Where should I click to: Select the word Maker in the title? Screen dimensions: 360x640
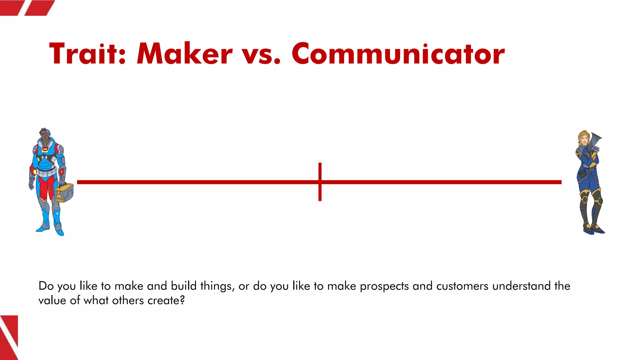point(185,54)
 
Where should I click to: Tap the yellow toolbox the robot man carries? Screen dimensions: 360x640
point(64,192)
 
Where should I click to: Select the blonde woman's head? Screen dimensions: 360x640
point(583,139)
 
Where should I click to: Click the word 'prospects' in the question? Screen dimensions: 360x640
point(384,286)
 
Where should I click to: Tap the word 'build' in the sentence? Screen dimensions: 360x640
point(183,286)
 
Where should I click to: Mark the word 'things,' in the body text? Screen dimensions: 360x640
point(217,286)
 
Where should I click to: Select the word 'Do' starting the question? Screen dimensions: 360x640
point(46,286)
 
